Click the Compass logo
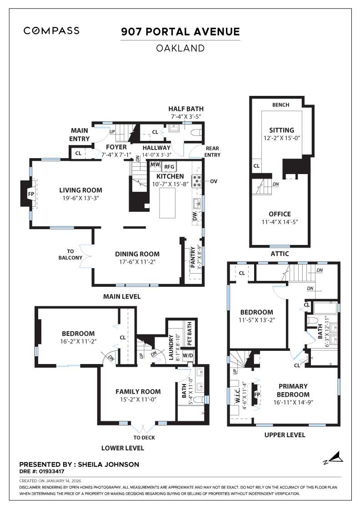[x=51, y=31]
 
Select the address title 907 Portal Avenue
[x=180, y=32]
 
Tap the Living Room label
[x=81, y=190]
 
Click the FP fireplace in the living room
[x=31, y=194]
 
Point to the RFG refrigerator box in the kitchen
[x=170, y=167]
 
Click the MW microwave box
[x=155, y=165]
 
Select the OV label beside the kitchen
[x=214, y=181]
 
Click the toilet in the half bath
[x=196, y=133]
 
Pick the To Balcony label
[x=70, y=254]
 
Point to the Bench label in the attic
[x=280, y=105]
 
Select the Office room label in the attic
[x=280, y=214]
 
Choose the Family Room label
[x=138, y=391]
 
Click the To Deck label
[x=144, y=438]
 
